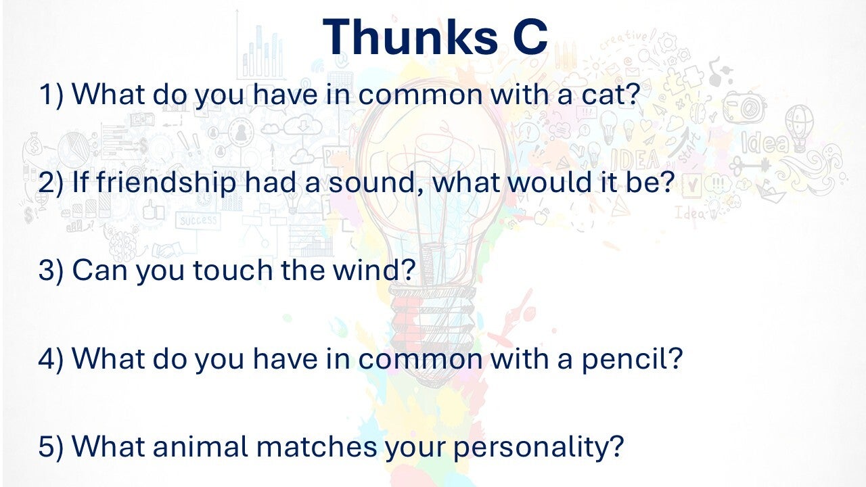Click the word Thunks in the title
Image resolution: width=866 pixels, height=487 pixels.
(x=410, y=37)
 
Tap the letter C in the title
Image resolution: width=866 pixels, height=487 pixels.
(x=530, y=37)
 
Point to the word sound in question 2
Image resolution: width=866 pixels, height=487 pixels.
(x=371, y=183)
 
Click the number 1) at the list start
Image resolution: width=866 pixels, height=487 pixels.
(x=51, y=95)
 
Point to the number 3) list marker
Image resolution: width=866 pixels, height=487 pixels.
(x=51, y=270)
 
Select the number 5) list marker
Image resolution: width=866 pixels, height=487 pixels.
(x=51, y=447)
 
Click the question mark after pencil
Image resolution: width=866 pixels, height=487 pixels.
(x=675, y=358)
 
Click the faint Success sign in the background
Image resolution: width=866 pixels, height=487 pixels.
(x=198, y=221)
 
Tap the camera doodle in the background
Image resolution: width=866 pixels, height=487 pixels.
(x=745, y=107)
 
